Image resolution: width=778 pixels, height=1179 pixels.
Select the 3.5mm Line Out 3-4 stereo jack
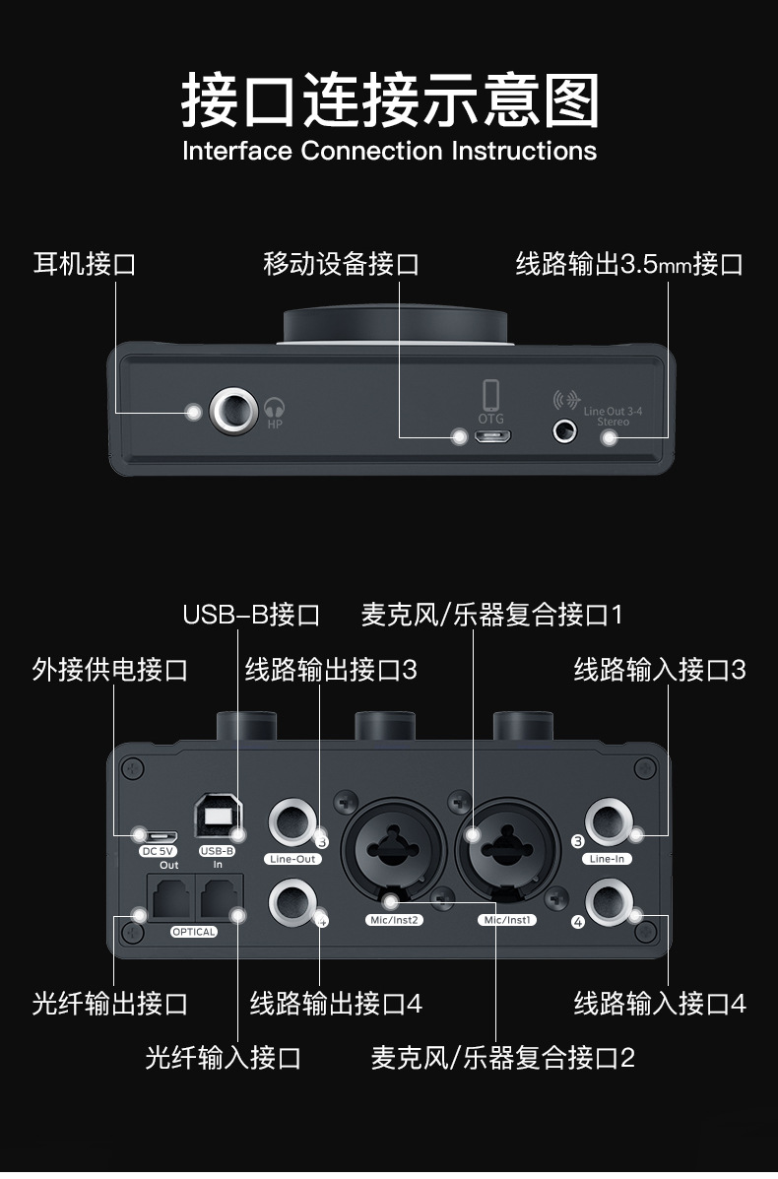[x=565, y=429]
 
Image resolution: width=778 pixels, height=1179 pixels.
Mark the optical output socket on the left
[x=169, y=897]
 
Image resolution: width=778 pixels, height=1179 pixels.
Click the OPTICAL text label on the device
[x=193, y=932]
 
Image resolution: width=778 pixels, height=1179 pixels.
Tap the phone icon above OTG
[x=491, y=395]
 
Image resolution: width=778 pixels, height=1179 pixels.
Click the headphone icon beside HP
[x=274, y=405]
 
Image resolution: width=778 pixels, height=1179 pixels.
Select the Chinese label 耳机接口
[x=84, y=264]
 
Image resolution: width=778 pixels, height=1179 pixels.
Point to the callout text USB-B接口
[x=251, y=616]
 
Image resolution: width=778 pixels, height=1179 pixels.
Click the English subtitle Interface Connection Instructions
[x=389, y=151]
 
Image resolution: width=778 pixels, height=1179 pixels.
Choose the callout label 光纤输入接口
[x=223, y=1058]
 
